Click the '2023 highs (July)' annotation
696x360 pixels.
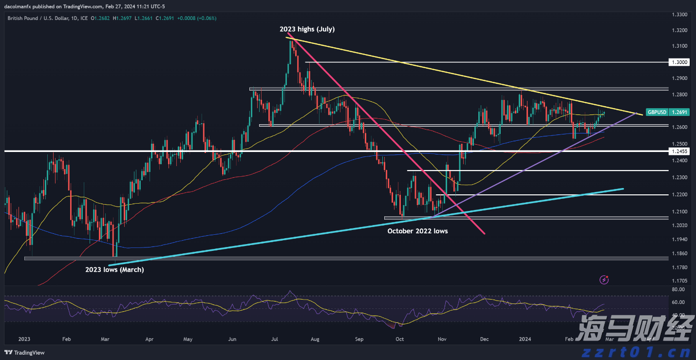[307, 29]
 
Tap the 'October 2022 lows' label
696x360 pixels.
[417, 231]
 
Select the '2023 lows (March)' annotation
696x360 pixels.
[114, 269]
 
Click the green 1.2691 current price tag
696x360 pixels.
[679, 112]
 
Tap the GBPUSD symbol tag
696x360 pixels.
[657, 112]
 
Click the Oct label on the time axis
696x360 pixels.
[399, 339]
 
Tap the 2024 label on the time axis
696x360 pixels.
[525, 339]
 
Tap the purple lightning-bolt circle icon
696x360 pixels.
[604, 280]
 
